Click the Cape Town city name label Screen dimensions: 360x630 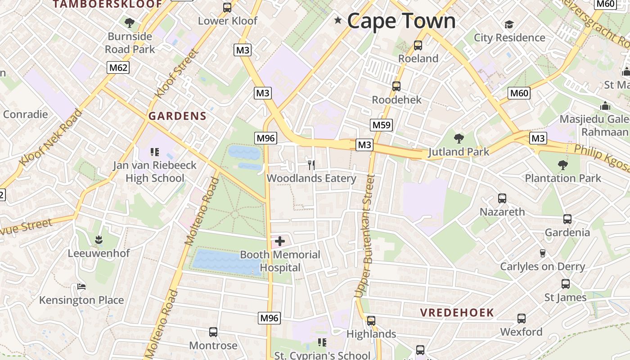(401, 21)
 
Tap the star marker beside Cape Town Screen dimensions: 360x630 (338, 20)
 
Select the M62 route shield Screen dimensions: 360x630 (118, 68)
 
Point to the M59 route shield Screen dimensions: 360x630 (382, 125)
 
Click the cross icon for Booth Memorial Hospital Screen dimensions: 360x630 (280, 241)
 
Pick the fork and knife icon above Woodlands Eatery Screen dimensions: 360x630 (311, 165)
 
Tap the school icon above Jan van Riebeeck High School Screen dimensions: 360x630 (155, 152)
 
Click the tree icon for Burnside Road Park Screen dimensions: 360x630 (130, 22)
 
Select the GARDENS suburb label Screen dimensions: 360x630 (177, 116)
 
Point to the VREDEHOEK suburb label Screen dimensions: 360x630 (457, 312)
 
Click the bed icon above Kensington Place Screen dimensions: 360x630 (81, 287)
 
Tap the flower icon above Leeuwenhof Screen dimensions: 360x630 (99, 240)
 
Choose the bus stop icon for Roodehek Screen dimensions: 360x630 (396, 86)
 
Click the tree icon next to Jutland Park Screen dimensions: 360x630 (459, 139)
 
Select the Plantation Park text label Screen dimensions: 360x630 (563, 178)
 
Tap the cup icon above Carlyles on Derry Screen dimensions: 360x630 (543, 253)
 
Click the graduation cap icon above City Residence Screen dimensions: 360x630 (509, 24)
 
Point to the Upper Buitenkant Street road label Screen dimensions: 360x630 (365, 236)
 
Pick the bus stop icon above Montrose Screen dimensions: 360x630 (213, 332)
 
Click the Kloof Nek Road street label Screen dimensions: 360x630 (50, 137)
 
